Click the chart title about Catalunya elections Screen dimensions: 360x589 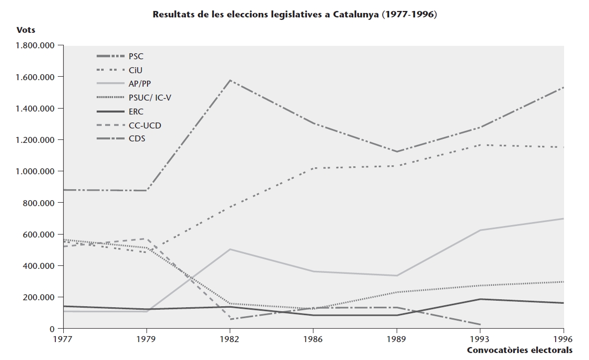294,14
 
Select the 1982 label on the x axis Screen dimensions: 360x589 230,339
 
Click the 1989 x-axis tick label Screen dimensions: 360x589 397,339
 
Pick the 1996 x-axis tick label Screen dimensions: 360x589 563,339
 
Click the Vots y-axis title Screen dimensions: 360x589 26,30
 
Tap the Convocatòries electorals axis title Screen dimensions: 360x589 520,350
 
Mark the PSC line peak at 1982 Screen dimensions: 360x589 230,80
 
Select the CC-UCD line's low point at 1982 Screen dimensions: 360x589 230,319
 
